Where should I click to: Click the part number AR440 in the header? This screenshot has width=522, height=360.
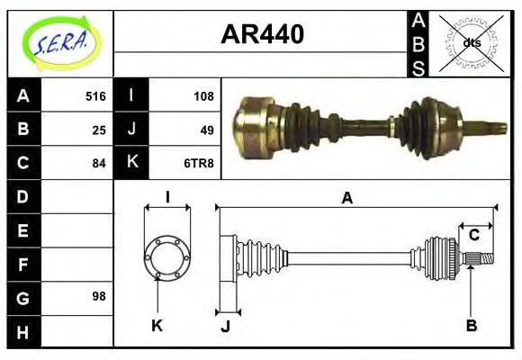[262, 34]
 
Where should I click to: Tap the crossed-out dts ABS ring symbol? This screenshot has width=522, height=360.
[471, 42]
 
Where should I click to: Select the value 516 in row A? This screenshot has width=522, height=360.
[95, 96]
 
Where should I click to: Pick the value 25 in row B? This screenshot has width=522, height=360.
[99, 130]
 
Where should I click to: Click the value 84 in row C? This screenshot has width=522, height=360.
[99, 163]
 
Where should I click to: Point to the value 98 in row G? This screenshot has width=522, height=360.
[99, 296]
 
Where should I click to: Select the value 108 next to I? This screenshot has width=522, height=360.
[203, 96]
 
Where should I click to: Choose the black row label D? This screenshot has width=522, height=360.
[23, 196]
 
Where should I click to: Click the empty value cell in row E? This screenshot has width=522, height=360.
[78, 230]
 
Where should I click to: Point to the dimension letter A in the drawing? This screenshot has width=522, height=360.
[347, 198]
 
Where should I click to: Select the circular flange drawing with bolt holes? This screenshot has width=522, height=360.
[167, 256]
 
